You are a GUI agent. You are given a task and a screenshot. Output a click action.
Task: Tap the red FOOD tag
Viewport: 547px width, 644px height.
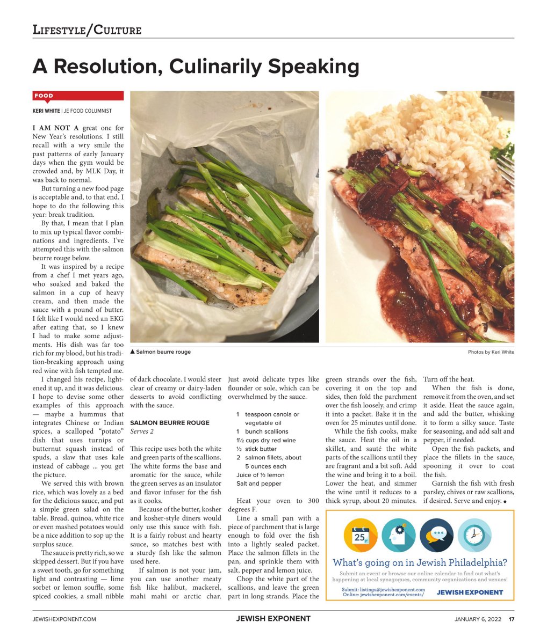click(x=44, y=96)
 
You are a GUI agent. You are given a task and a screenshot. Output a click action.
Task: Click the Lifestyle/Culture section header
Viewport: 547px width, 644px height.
click(x=87, y=30)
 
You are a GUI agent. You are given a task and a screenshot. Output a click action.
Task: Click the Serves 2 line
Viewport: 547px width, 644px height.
click(x=142, y=431)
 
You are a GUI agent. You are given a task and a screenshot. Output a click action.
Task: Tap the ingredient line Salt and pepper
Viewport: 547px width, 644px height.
click(x=258, y=484)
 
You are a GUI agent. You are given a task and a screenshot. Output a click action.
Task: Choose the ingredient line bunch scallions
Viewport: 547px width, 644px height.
click(x=267, y=431)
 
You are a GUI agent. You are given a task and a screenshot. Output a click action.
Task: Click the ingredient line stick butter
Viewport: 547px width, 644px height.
click(x=261, y=449)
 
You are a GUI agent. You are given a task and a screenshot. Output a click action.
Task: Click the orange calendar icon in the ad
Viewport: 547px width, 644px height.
click(x=361, y=535)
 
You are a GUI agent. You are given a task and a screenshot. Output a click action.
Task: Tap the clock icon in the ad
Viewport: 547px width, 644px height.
click(x=474, y=535)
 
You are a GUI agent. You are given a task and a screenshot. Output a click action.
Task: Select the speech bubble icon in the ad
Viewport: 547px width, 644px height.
click(x=436, y=535)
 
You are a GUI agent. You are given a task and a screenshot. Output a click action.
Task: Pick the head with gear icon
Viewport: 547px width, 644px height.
click(x=398, y=535)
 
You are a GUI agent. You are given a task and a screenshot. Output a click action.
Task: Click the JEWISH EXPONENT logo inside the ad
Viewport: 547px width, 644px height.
click(x=470, y=592)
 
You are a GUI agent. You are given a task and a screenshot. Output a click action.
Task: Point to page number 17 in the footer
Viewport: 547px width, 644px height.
click(x=512, y=619)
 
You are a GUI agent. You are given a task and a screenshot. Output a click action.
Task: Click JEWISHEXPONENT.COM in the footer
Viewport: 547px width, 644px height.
click(x=64, y=619)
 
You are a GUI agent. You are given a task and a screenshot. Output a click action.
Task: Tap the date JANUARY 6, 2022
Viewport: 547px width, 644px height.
click(x=478, y=619)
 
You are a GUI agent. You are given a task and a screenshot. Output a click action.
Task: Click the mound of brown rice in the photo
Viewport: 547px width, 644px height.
click(x=430, y=134)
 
